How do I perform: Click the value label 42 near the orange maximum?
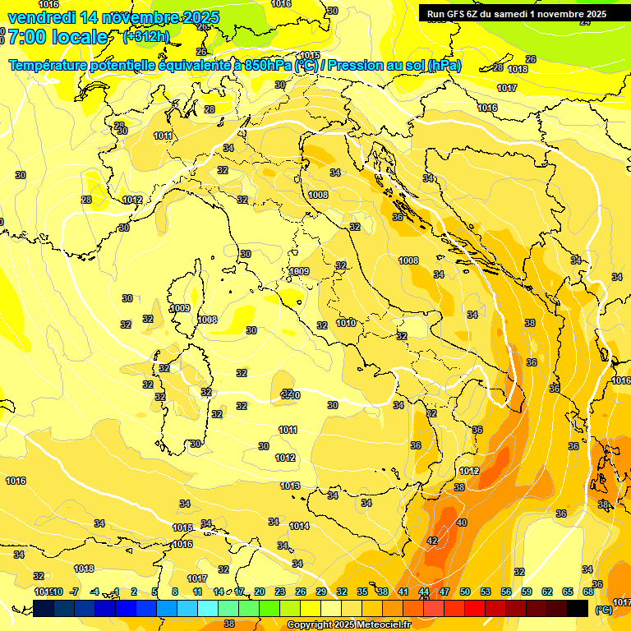pos(432,541)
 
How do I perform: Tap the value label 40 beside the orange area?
pos(462,523)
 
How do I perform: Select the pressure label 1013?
pos(290,486)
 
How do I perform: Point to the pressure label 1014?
pos(299,526)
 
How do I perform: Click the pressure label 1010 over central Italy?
pos(346,323)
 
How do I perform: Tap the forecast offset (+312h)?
pos(146,36)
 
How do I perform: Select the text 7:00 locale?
pos(58,37)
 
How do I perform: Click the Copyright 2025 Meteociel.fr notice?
pos(348,625)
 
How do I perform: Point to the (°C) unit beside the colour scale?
pos(603,610)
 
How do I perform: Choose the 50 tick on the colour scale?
pos(465,592)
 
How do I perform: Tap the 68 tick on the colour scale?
pos(588,592)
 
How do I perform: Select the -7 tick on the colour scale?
pos(74,592)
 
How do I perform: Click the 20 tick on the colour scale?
pos(260,592)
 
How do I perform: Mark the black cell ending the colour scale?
pos(578,608)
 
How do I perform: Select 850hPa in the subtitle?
pos(269,66)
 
